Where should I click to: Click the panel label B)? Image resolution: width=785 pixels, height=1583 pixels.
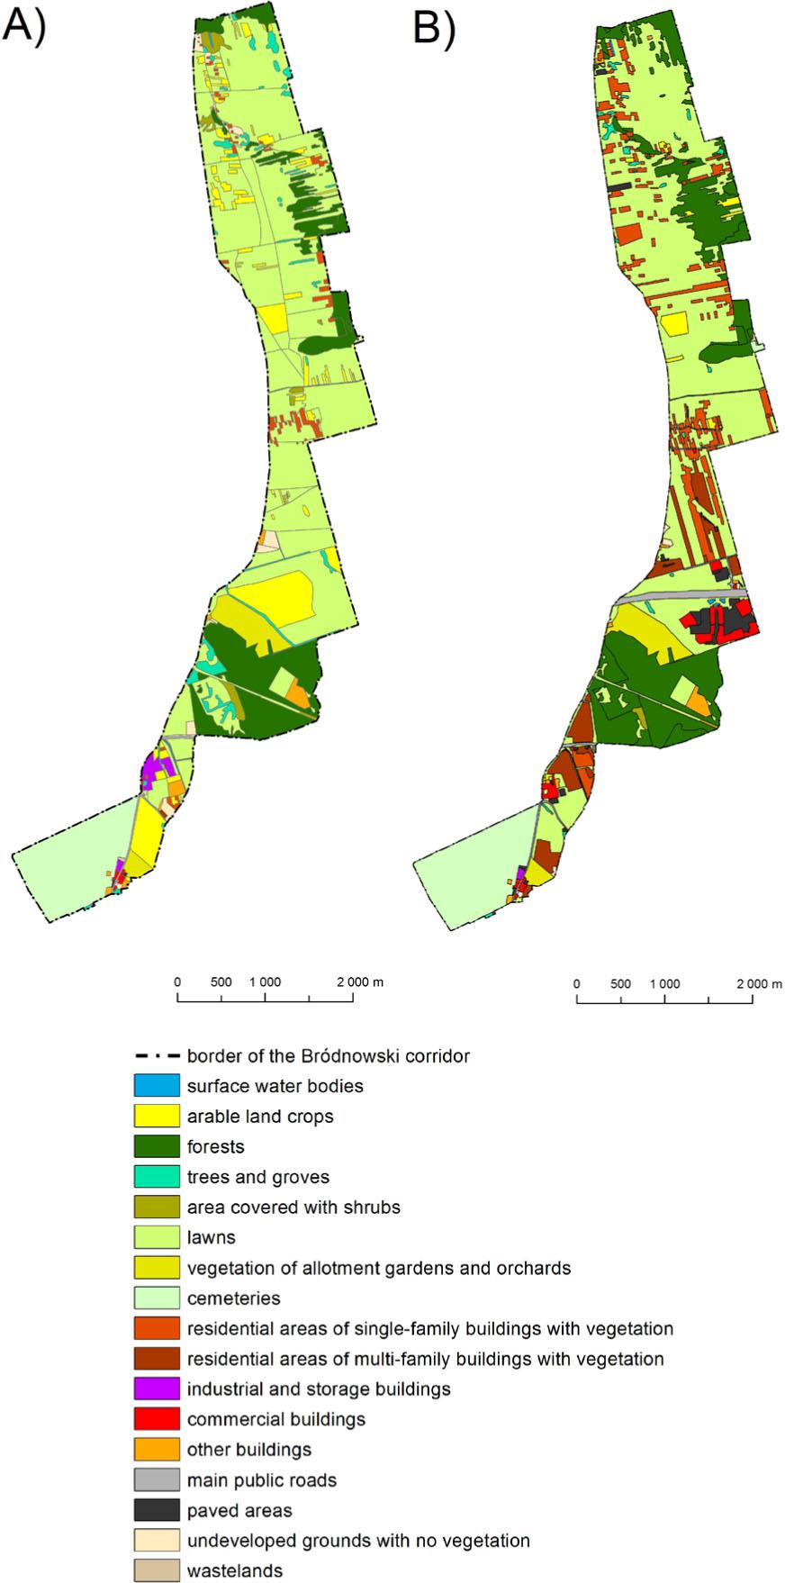[433, 29]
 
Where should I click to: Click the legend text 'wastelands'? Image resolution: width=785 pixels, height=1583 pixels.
[234, 1571]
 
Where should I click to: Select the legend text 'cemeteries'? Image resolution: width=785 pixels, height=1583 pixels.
[233, 1298]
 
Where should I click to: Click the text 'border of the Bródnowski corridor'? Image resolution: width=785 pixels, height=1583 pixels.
[328, 1055]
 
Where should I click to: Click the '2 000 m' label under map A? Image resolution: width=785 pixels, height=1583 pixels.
[360, 982]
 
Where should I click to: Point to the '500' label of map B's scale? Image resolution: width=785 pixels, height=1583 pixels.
[620, 984]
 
